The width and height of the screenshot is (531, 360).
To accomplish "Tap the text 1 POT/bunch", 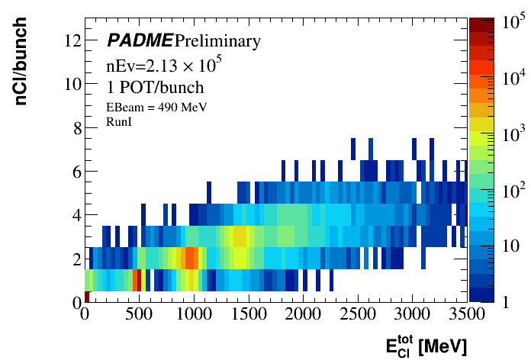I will click(x=155, y=87).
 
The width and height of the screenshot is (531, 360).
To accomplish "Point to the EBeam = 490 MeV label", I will click(x=156, y=107).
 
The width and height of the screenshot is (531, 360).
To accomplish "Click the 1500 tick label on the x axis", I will click(x=249, y=313).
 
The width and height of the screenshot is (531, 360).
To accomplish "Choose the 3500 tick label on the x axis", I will click(x=467, y=313).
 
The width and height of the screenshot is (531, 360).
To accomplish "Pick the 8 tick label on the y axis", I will click(x=76, y=127).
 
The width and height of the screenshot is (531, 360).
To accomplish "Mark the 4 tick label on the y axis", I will click(x=76, y=215).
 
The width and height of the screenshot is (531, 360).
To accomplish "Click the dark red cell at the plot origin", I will click(x=88, y=297).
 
